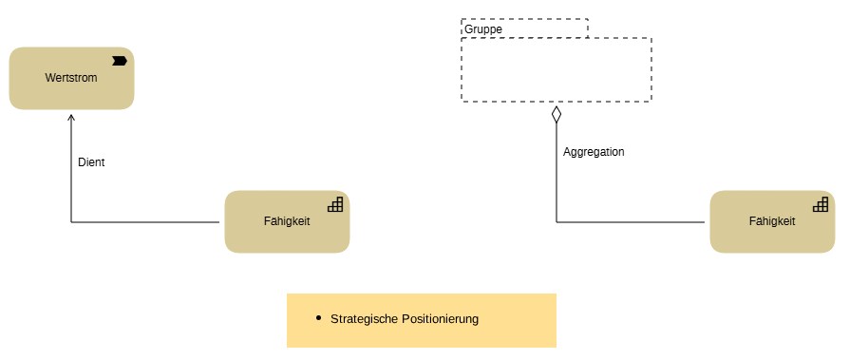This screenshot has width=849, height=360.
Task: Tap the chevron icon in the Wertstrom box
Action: [120, 61]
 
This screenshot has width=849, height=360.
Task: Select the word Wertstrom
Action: [71, 78]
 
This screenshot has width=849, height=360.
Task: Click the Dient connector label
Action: [91, 162]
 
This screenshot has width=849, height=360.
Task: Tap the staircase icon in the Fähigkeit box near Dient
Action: [335, 203]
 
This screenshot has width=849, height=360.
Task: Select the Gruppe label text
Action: [483, 29]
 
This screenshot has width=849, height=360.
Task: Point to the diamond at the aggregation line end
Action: [557, 114]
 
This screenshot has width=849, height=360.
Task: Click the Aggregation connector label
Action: [594, 152]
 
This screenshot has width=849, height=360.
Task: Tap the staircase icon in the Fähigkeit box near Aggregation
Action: [821, 203]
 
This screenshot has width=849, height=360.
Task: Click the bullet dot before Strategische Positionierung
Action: [318, 318]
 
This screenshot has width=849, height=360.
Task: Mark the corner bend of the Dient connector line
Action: [71, 222]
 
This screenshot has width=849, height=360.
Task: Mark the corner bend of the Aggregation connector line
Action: [557, 222]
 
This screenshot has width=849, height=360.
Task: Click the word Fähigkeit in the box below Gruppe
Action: [772, 221]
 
